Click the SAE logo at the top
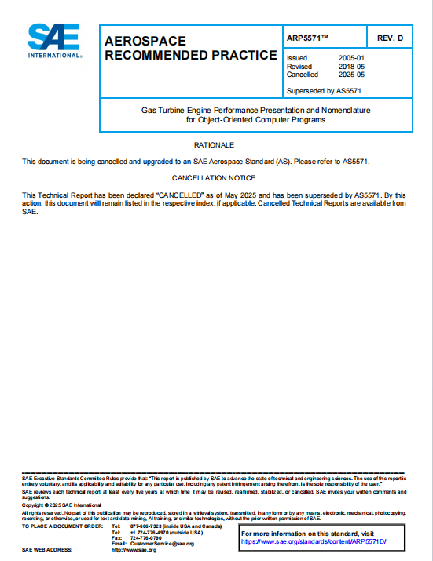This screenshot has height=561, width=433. [53, 40]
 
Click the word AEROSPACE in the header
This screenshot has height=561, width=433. [145, 41]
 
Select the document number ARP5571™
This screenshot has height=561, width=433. [308, 38]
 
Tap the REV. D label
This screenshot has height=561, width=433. [390, 38]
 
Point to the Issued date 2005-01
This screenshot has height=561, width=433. [351, 59]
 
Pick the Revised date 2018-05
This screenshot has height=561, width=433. [351, 67]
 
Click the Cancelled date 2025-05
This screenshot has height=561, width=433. [351, 75]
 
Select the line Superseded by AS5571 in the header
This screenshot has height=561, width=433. [325, 90]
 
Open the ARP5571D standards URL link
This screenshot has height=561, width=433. [314, 541]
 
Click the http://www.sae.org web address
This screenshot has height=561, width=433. [134, 550]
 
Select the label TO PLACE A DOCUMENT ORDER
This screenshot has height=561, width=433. [62, 526]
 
